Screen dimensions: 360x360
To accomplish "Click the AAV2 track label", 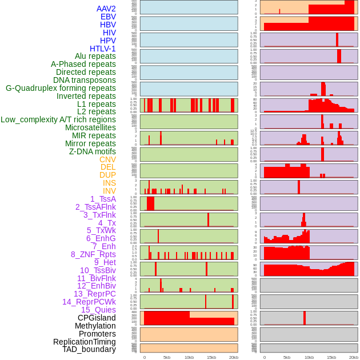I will [x=106, y=9].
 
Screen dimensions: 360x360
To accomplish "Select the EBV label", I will [x=108, y=17].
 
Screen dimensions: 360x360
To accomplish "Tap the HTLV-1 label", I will [x=103, y=49].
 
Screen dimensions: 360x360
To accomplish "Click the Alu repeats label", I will [x=95, y=56].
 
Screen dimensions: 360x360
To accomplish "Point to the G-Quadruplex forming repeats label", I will [x=61, y=88].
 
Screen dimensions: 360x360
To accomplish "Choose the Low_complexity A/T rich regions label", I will [x=58, y=119].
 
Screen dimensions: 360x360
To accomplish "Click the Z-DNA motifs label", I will [x=93, y=151].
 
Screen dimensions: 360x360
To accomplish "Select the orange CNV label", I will [x=107, y=159].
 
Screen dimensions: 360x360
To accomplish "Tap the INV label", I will [x=109, y=191].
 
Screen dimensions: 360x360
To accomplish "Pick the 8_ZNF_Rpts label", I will [x=93, y=254].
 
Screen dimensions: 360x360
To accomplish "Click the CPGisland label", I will [x=97, y=318].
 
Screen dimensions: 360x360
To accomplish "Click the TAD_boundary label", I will [x=89, y=349].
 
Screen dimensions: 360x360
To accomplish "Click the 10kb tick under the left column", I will [x=189, y=357].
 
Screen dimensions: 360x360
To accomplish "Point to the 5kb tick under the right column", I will [x=287, y=357].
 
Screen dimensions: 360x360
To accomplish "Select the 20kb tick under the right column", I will [x=354, y=357].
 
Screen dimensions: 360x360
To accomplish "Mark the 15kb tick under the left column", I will [x=211, y=357].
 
